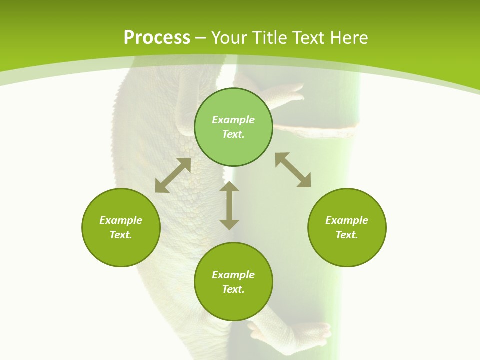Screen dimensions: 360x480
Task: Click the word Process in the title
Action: click(x=157, y=38)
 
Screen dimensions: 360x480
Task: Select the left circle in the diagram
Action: click(x=121, y=227)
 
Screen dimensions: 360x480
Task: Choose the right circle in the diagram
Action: click(x=347, y=227)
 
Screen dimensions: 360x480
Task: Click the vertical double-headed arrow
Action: click(x=229, y=205)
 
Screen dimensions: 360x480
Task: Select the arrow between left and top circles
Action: click(x=173, y=175)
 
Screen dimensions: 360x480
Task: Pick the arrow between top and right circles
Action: click(x=293, y=170)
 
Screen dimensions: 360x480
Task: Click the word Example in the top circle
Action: click(x=233, y=120)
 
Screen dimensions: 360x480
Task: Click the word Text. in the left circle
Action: click(x=121, y=235)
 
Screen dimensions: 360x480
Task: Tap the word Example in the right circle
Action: click(x=347, y=220)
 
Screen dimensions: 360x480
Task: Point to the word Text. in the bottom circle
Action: click(x=233, y=289)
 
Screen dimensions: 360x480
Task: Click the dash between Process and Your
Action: click(x=201, y=38)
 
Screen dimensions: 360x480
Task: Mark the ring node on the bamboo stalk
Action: click(x=320, y=131)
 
